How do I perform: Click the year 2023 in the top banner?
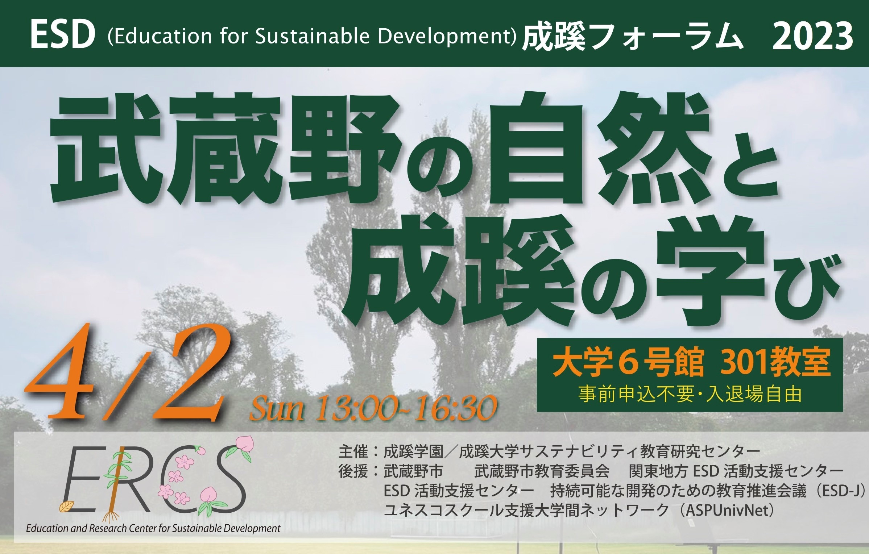tap(812, 36)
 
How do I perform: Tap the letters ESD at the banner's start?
tap(63, 36)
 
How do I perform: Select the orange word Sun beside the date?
tap(277, 409)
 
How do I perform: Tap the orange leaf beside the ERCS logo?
tap(67, 506)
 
